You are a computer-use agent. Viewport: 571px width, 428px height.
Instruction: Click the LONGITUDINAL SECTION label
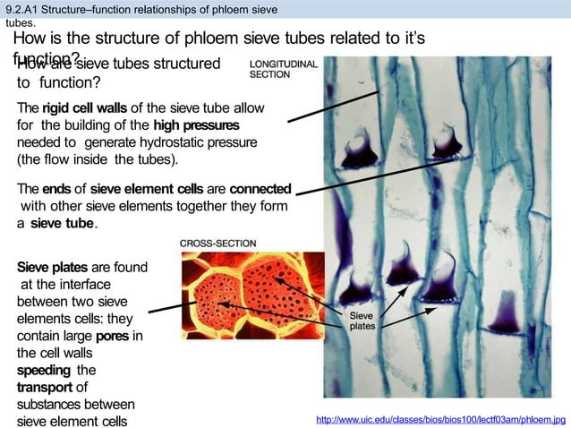coord(282,70)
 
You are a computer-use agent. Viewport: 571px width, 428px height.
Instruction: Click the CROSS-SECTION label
coord(218,243)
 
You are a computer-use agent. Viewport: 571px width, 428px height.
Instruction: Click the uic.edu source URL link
coord(436,418)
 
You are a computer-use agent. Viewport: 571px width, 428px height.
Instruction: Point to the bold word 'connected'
coord(260,191)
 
